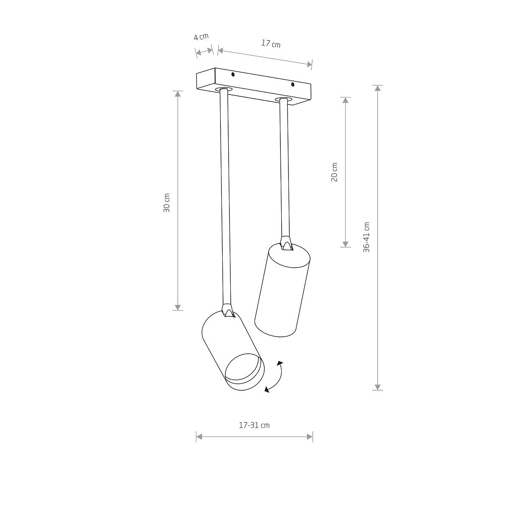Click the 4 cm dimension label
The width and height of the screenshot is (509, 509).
pos(201,36)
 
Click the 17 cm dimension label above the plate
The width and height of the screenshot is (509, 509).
pos(271,44)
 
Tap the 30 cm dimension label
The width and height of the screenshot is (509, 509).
pos(166,203)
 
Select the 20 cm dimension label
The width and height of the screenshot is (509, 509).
pos(334,172)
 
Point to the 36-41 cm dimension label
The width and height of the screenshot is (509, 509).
pos(366,237)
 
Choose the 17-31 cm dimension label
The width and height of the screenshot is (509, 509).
pos(254,425)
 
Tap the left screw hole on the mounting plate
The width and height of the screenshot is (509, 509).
pos(233,75)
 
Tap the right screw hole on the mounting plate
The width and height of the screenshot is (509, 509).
pos(292,84)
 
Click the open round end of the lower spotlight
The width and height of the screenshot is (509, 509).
pos(244,372)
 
